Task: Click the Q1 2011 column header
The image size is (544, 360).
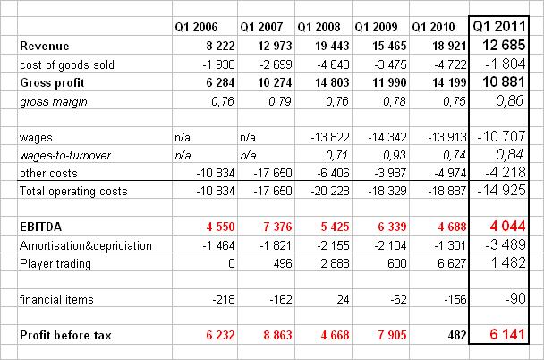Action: [504, 25]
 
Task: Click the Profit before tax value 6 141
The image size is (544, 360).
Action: [512, 335]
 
